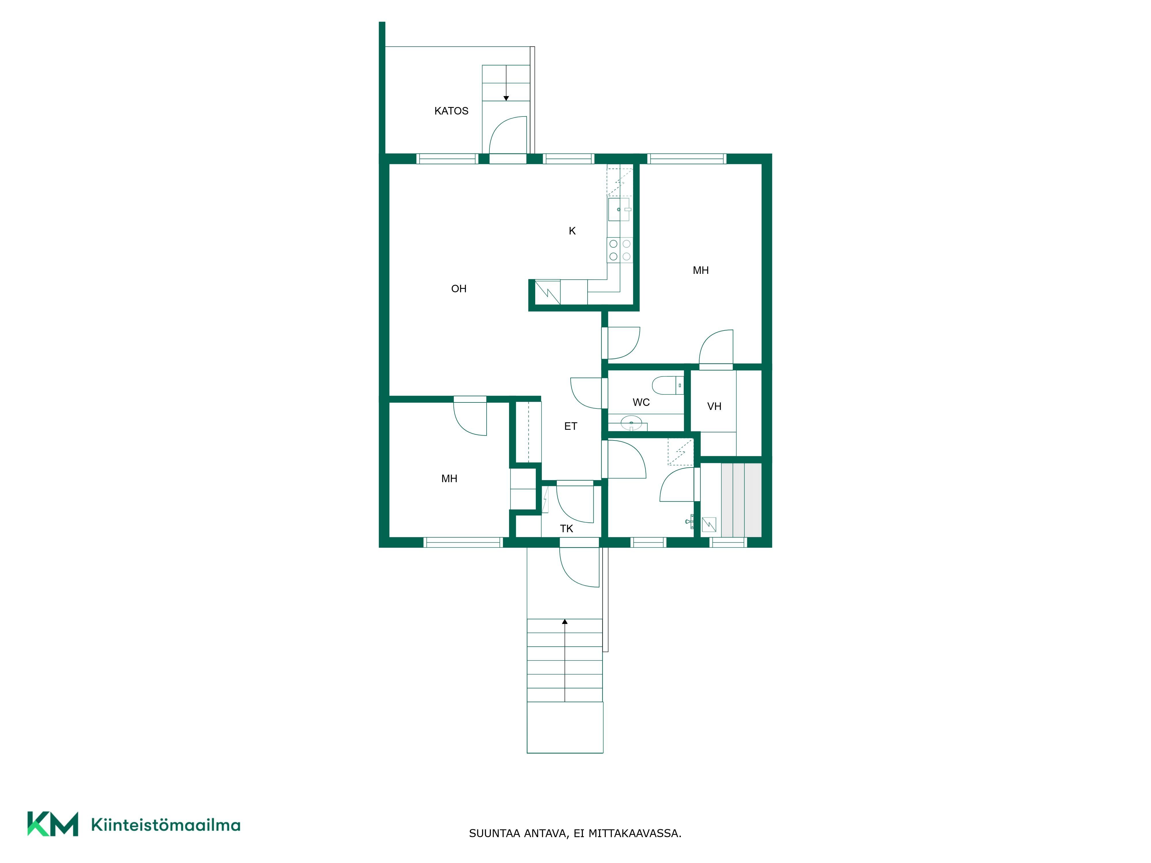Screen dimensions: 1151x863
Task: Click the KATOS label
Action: [x=451, y=111]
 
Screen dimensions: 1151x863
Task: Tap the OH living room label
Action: [x=458, y=289]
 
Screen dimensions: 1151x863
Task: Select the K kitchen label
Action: [x=572, y=231]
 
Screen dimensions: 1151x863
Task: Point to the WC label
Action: [x=641, y=402]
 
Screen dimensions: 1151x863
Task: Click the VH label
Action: [x=714, y=406]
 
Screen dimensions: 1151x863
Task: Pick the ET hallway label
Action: [x=570, y=426]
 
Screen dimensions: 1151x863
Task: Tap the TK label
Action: [x=566, y=528]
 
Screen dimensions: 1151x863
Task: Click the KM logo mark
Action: [x=53, y=824]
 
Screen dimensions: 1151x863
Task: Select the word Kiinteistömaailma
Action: [x=165, y=824]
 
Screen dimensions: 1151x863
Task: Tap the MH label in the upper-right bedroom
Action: [x=700, y=270]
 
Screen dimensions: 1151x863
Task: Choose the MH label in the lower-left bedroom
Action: [x=449, y=479]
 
